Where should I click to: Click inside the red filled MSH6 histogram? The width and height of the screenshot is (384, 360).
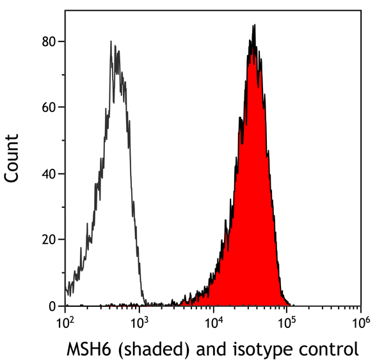coord(253,192)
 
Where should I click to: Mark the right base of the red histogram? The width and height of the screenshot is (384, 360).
coord(289,304)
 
